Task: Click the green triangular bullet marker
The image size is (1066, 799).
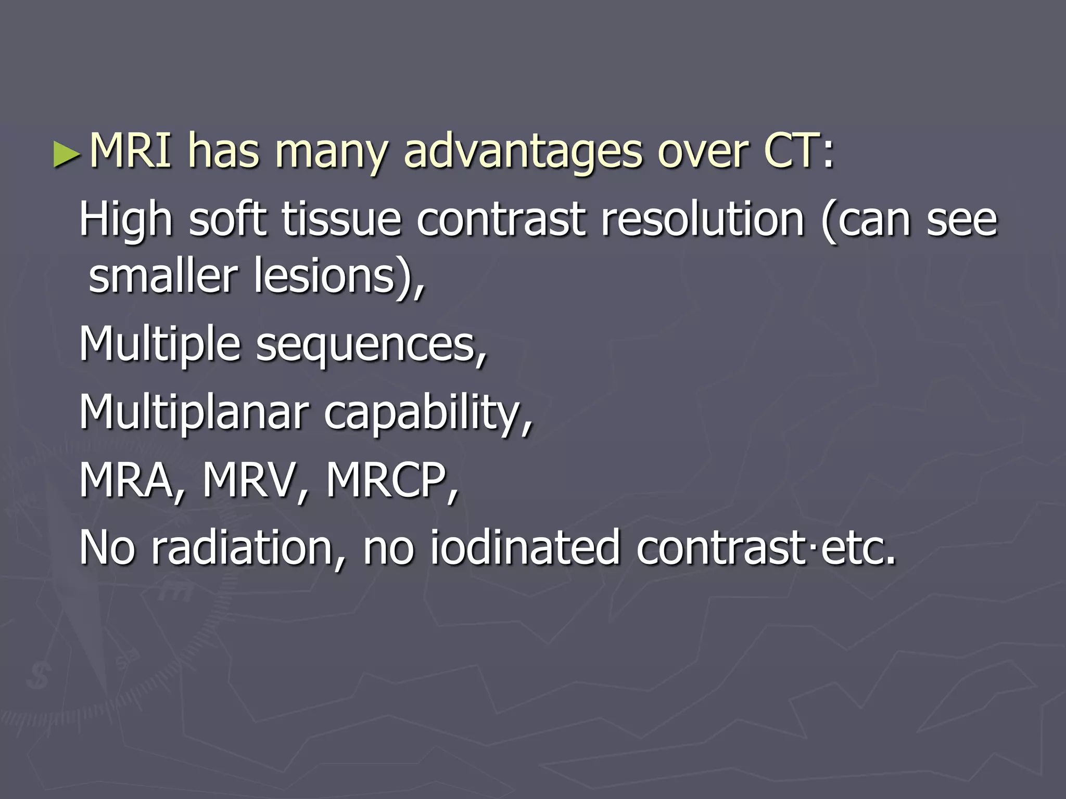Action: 67,155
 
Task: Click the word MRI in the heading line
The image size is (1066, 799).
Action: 131,151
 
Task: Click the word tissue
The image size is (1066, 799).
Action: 341,220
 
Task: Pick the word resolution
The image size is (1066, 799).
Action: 703,220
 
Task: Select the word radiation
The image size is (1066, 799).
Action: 242,547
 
